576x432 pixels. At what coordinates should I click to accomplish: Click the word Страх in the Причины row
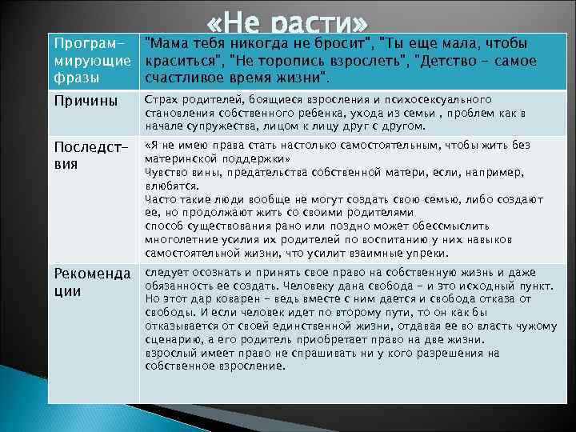tap(160, 99)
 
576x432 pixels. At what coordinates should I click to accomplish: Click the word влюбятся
tap(170, 185)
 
